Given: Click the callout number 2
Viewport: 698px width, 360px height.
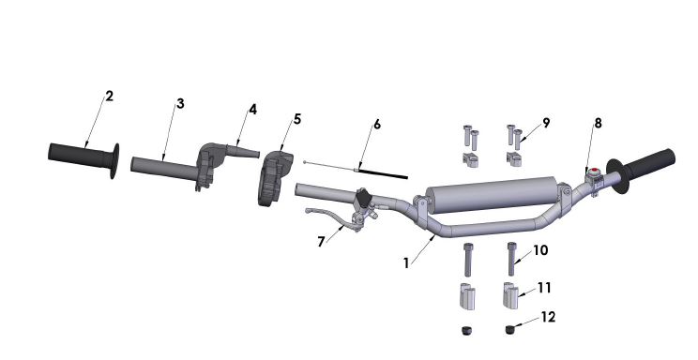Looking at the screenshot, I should pyautogui.click(x=110, y=97).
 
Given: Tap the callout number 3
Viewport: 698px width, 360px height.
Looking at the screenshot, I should pyautogui.click(x=180, y=103).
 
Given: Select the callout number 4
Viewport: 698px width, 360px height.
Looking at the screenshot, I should pyautogui.click(x=252, y=110).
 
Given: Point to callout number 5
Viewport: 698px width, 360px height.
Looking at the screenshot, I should pyautogui.click(x=297, y=119).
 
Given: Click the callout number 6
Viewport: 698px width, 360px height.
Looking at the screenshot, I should pyautogui.click(x=377, y=124).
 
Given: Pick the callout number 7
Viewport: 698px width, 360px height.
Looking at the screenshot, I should pyautogui.click(x=322, y=241).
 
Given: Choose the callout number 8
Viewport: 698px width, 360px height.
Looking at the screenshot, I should pyautogui.click(x=598, y=122).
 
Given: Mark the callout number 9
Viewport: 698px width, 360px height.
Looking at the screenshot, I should pyautogui.click(x=546, y=122).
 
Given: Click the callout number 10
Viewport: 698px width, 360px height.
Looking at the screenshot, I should pyautogui.click(x=540, y=250).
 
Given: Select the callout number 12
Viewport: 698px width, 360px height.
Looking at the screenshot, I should pyautogui.click(x=549, y=317).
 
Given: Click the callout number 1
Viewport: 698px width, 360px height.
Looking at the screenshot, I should pyautogui.click(x=406, y=263).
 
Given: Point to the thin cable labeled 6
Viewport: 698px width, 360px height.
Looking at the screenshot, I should pyautogui.click(x=375, y=172).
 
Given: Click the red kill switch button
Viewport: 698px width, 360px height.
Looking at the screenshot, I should pyautogui.click(x=592, y=172).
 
